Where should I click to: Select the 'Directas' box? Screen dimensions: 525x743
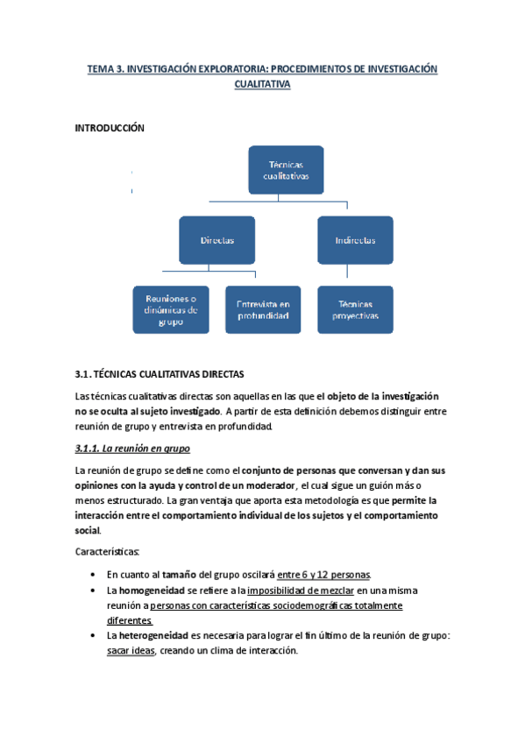(x=216, y=239)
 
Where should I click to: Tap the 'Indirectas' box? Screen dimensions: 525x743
(x=354, y=239)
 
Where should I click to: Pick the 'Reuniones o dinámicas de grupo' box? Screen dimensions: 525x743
(x=172, y=309)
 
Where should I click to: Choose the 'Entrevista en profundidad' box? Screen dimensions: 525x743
(x=262, y=309)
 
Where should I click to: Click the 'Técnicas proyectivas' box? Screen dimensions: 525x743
(x=354, y=309)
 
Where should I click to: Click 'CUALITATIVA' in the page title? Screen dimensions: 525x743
(x=262, y=84)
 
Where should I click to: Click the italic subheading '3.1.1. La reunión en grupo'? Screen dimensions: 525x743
(x=132, y=449)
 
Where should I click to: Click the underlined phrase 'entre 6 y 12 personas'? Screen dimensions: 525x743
(x=323, y=575)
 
